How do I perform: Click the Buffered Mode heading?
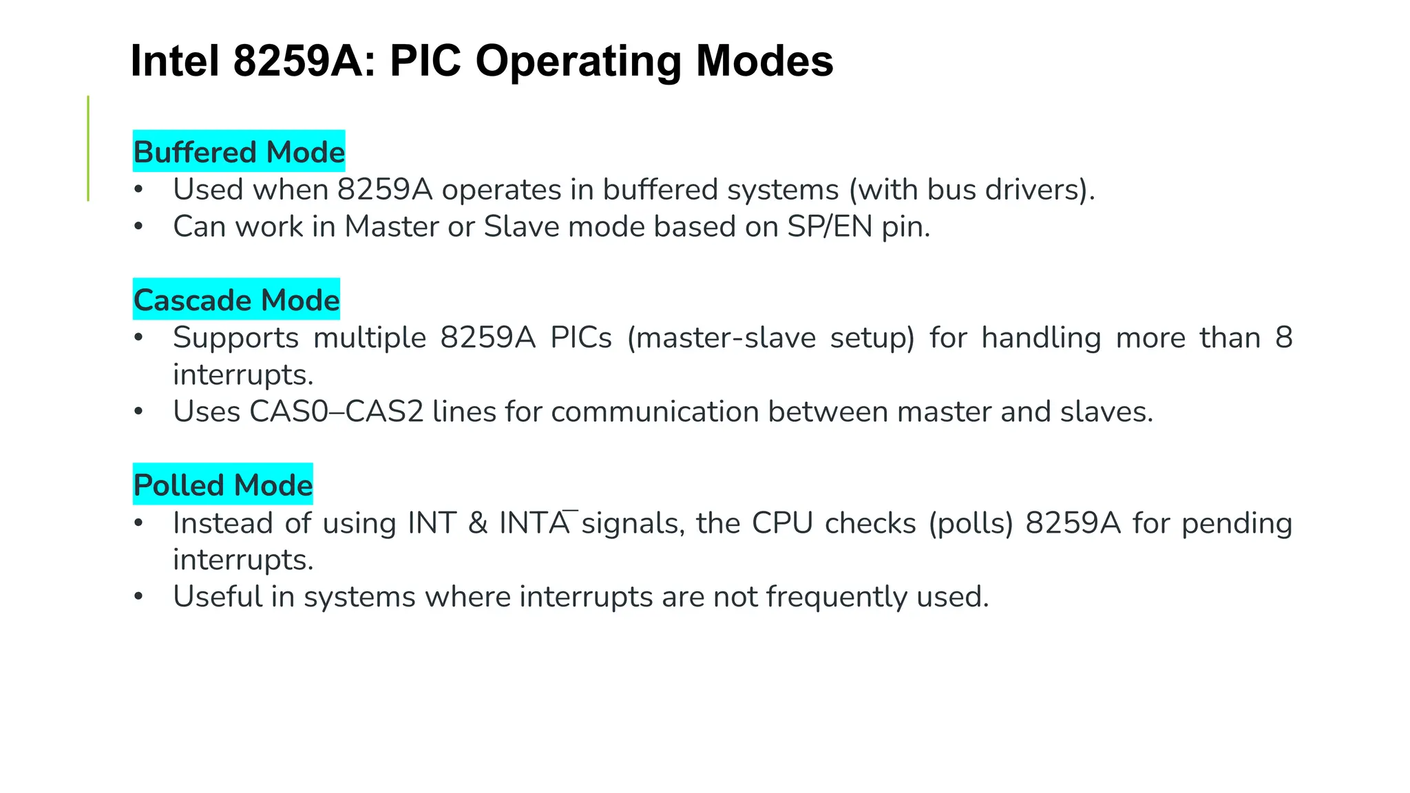pyautogui.click(x=238, y=152)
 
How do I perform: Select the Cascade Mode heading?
pyautogui.click(x=236, y=300)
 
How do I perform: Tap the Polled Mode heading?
pyautogui.click(x=222, y=485)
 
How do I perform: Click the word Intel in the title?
pyautogui.click(x=175, y=61)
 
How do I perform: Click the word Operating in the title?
pyautogui.click(x=578, y=61)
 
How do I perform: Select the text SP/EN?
pyautogui.click(x=830, y=226)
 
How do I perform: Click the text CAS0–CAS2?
pyautogui.click(x=336, y=412)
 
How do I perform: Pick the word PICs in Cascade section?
pyautogui.click(x=581, y=338)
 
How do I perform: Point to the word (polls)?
pyautogui.click(x=971, y=523)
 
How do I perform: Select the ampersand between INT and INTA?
pyautogui.click(x=478, y=523)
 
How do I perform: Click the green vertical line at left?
pyautogui.click(x=88, y=148)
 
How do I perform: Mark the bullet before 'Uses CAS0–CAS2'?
pyautogui.click(x=138, y=412)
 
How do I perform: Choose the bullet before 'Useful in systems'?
pyautogui.click(x=138, y=597)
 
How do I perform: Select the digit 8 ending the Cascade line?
pyautogui.click(x=1283, y=338)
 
